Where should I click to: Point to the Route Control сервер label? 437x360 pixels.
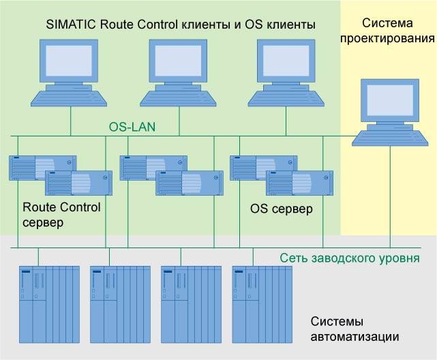pos(61,215)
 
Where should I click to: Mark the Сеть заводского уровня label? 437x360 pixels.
pos(350,258)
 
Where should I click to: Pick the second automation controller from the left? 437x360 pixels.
pos(120,303)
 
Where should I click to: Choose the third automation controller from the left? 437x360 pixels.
pos(191,303)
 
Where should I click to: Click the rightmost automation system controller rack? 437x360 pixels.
pos(262,303)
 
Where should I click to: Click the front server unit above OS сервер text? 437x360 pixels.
pos(299,183)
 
